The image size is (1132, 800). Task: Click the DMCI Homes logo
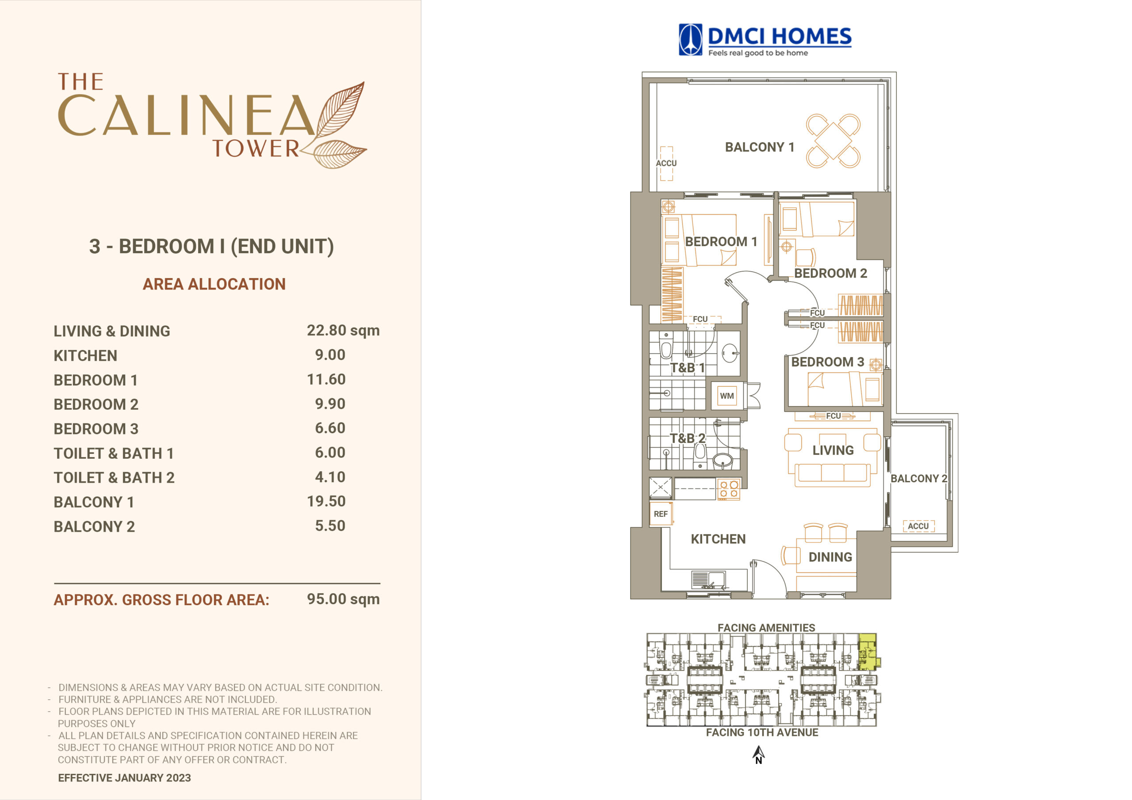(x=765, y=40)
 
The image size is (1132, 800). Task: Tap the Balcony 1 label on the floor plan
(x=759, y=147)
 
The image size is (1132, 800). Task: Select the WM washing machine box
(x=727, y=395)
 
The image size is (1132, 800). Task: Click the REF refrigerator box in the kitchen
(x=661, y=514)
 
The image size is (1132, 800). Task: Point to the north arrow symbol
(x=758, y=754)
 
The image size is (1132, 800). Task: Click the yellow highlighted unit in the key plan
(x=868, y=651)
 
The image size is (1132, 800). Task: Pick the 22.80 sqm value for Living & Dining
(x=343, y=330)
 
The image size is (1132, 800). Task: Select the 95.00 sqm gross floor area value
(x=343, y=599)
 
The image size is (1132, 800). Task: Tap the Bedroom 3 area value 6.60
(x=330, y=428)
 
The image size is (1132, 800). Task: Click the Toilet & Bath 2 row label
(x=114, y=477)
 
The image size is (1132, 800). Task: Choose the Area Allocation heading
(x=214, y=284)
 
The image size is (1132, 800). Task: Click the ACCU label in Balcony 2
(x=918, y=526)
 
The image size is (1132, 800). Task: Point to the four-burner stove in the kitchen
(x=728, y=489)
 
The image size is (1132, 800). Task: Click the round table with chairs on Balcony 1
(x=833, y=141)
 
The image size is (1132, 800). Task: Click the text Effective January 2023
(x=124, y=777)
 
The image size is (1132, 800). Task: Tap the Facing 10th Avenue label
(x=762, y=732)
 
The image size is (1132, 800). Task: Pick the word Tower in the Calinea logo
(x=256, y=149)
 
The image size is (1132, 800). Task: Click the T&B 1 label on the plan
(x=687, y=368)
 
